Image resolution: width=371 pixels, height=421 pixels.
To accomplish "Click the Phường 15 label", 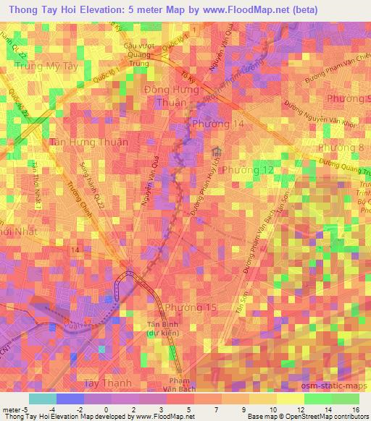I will click(x=191, y=308).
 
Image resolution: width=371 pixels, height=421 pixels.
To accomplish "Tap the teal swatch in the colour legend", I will click(x=43, y=399).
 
